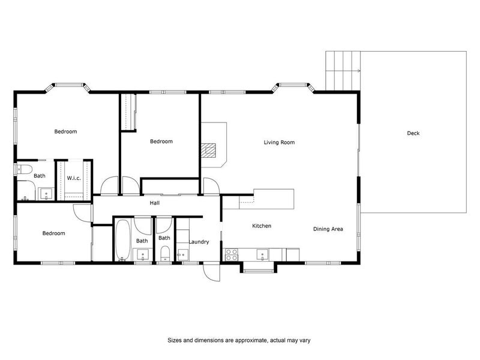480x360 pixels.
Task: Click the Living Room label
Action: click(279, 142)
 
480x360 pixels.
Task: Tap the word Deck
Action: click(413, 133)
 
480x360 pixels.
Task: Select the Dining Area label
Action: click(328, 229)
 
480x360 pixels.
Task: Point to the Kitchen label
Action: click(262, 226)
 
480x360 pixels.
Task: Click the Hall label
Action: click(154, 203)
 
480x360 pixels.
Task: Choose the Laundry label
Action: click(199, 242)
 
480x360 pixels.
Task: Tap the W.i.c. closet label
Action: click(74, 178)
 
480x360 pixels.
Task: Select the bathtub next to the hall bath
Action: click(122, 240)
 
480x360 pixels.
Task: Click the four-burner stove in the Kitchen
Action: click(231, 255)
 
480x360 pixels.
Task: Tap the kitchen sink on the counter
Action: click(263, 254)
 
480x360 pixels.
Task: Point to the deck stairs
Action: click(343, 70)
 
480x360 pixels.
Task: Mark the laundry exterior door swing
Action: click(212, 273)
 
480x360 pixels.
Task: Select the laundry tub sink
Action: click(183, 254)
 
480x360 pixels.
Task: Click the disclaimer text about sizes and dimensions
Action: click(238, 340)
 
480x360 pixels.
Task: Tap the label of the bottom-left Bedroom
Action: click(53, 233)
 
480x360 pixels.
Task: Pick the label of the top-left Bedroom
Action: click(65, 131)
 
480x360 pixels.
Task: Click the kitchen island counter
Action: click(274, 197)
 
